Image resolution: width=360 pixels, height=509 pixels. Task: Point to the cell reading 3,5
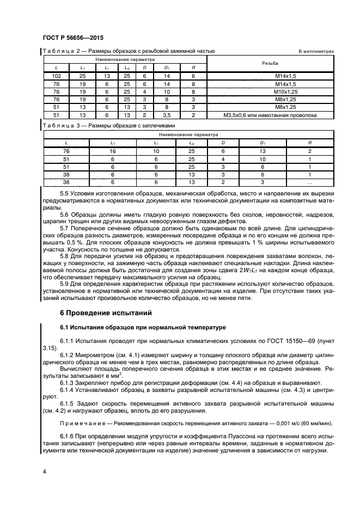click(167, 115)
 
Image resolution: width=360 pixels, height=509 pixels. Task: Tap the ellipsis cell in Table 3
click(309, 182)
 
